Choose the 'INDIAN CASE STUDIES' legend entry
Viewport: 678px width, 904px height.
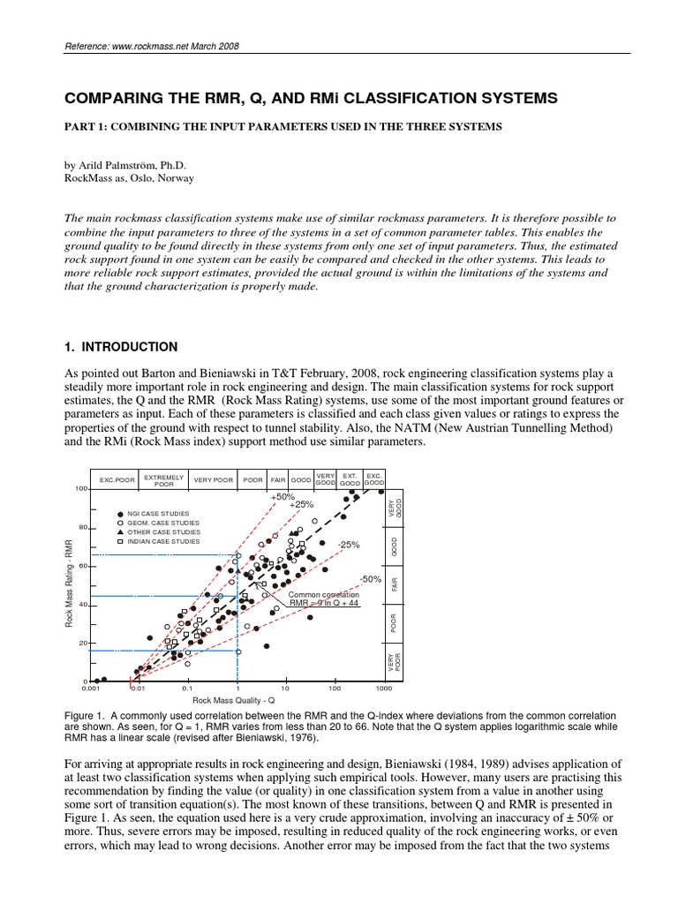pos(169,541)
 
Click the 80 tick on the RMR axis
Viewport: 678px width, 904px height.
pos(81,528)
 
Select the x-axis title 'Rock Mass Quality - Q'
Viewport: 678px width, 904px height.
pos(237,699)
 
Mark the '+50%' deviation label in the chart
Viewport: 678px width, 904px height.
pos(282,497)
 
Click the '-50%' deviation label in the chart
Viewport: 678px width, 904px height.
pos(370,579)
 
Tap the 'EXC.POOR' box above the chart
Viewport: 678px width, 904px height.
pos(117,480)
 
